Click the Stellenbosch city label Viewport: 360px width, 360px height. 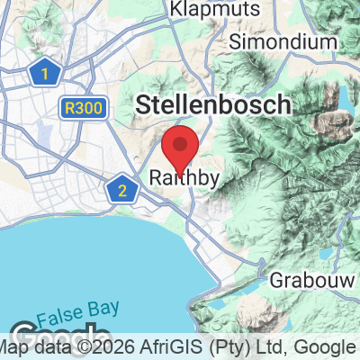[213, 104]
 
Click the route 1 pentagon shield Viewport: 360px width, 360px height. [40, 73]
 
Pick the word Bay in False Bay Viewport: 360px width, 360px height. [104, 308]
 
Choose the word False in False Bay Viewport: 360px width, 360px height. [68, 308]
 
